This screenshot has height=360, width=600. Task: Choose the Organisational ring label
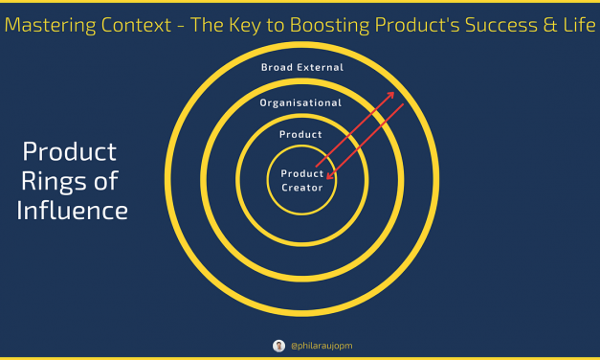coord(301,101)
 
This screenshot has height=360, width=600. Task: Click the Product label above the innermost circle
coord(301,135)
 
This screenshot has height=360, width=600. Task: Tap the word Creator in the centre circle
coord(301,188)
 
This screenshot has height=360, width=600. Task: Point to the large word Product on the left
coord(70,152)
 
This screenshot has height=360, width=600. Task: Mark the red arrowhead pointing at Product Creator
coord(329,177)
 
